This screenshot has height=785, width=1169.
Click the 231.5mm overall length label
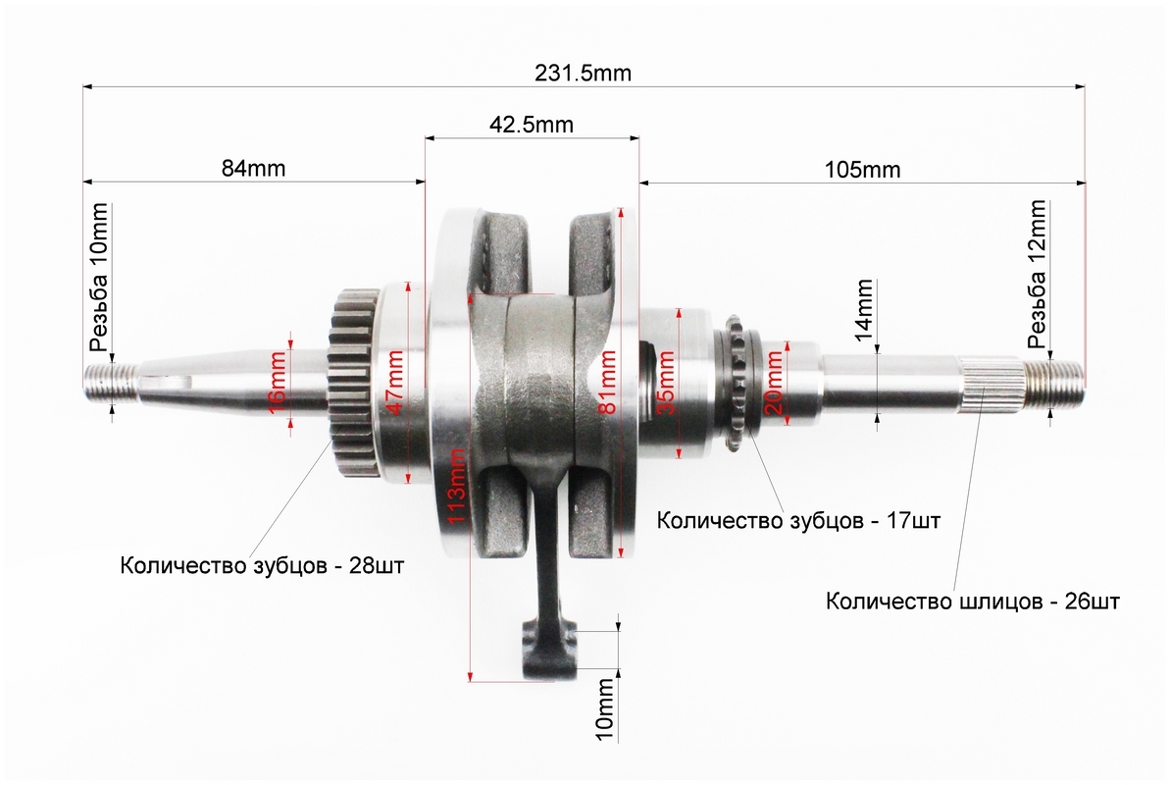click(583, 74)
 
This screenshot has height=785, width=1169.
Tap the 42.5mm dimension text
click(532, 124)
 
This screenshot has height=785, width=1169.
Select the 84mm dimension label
click(253, 169)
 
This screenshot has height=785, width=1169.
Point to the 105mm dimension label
click(863, 170)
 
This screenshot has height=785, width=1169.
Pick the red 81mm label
click(608, 382)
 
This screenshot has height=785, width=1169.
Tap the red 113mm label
click(456, 486)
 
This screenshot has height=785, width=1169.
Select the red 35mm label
click(665, 382)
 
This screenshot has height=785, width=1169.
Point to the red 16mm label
click(277, 383)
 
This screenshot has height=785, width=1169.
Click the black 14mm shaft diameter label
click(863, 310)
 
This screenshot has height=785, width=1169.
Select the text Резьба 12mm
click(1037, 275)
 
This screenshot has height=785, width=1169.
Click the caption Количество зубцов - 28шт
click(262, 565)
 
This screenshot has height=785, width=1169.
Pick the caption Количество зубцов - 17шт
click(798, 520)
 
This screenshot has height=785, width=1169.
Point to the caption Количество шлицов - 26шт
click(972, 601)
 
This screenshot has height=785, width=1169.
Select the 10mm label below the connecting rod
click(605, 708)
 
